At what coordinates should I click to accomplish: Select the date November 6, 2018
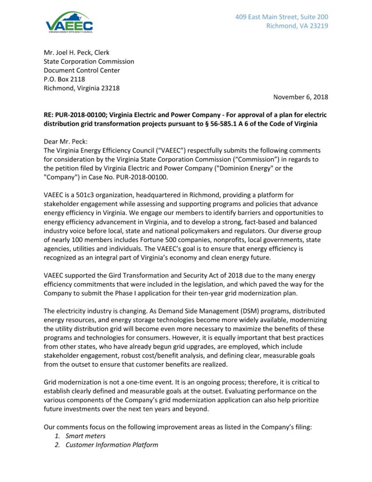301,97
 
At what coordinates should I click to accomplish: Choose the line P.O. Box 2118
64,79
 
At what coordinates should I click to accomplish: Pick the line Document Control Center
82,70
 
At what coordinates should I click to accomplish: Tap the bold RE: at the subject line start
49,115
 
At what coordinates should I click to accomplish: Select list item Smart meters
85,436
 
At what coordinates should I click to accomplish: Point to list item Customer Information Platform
111,445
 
